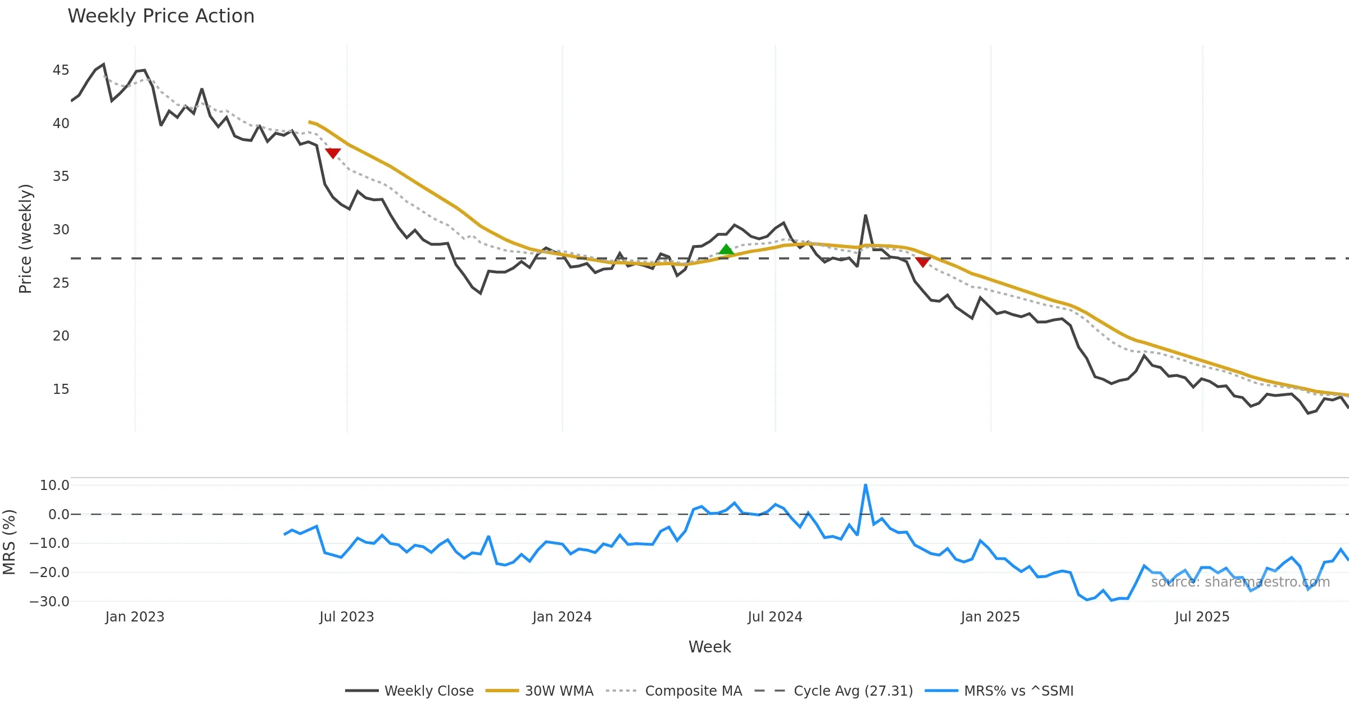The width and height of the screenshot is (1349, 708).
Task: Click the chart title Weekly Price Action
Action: tap(161, 16)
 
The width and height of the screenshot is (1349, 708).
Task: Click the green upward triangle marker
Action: tap(726, 250)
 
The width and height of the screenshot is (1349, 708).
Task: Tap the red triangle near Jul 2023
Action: tap(333, 153)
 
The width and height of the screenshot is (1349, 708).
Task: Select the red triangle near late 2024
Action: tap(922, 262)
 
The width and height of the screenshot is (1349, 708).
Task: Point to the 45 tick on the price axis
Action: tap(61, 70)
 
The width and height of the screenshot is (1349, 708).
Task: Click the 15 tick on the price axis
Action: tap(61, 389)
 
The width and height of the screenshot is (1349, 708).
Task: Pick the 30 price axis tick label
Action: tap(61, 230)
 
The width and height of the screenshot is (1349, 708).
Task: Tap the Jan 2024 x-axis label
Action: tap(562, 617)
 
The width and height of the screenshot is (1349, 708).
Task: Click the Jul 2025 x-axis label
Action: tap(1202, 617)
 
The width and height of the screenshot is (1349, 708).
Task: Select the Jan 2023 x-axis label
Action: tap(135, 617)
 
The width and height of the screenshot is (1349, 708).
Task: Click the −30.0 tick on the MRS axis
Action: tap(49, 601)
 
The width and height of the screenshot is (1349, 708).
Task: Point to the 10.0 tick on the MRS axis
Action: tap(54, 485)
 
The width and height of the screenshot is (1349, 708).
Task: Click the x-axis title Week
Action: tap(709, 647)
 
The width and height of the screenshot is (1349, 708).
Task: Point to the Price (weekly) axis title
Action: tap(26, 239)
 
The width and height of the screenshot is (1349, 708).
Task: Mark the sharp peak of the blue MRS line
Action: tap(866, 485)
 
